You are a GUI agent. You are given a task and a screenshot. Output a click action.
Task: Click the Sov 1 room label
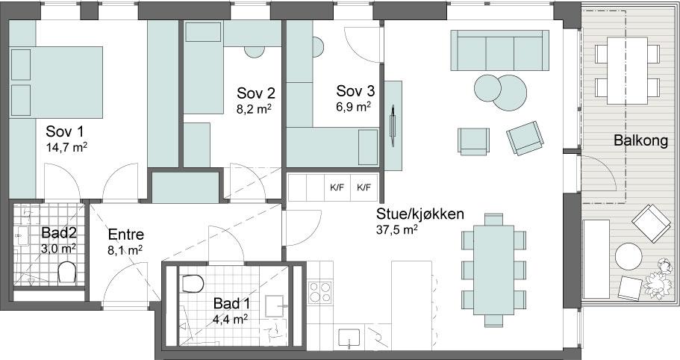65,131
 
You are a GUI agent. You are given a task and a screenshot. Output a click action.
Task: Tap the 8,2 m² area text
254,109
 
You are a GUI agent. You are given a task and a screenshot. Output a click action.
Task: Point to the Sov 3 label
355,91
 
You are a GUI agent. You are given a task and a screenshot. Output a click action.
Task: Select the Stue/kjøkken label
419,214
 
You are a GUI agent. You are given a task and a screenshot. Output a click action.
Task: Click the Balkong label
640,140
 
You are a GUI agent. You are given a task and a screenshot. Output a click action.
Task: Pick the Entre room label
125,235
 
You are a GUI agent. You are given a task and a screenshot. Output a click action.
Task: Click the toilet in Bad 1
193,283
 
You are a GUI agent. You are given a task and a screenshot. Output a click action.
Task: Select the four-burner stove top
319,291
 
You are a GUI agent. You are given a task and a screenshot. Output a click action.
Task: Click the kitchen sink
349,338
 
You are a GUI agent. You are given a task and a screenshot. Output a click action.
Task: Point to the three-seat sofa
499,50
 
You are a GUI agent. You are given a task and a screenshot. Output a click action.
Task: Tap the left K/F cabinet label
337,187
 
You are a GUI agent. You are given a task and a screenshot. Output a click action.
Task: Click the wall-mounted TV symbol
393,125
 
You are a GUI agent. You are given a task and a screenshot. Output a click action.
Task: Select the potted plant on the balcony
658,281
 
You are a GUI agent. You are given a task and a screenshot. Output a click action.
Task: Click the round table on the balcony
628,257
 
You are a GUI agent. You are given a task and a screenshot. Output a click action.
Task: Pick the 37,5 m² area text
396,230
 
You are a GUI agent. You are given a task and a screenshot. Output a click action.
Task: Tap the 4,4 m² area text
231,320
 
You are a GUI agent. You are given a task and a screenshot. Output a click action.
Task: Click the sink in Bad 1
275,308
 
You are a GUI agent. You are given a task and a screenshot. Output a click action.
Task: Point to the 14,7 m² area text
66,147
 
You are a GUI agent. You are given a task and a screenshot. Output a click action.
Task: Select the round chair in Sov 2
254,52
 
